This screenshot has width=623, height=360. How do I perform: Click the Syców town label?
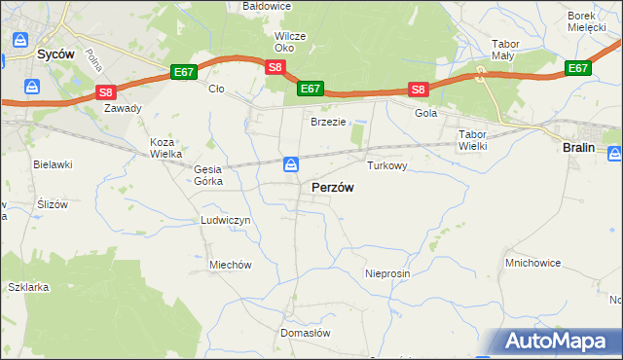coord(55,55)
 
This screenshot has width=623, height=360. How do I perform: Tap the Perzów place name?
coord(332,187)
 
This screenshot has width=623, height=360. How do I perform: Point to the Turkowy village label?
coord(386,166)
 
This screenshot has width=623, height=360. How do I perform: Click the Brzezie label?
coord(328,122)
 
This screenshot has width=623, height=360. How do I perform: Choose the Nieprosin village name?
coord(387,274)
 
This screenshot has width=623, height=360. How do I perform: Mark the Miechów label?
coord(231,265)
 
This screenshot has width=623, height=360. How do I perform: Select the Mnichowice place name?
coord(531,263)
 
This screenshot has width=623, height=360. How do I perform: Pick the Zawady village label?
coord(123,108)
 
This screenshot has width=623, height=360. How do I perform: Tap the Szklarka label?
coord(27,288)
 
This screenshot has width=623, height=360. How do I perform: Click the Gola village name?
coord(426,113)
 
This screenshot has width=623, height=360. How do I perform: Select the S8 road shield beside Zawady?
coord(106,92)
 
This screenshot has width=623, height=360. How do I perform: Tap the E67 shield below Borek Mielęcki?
coord(578,68)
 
